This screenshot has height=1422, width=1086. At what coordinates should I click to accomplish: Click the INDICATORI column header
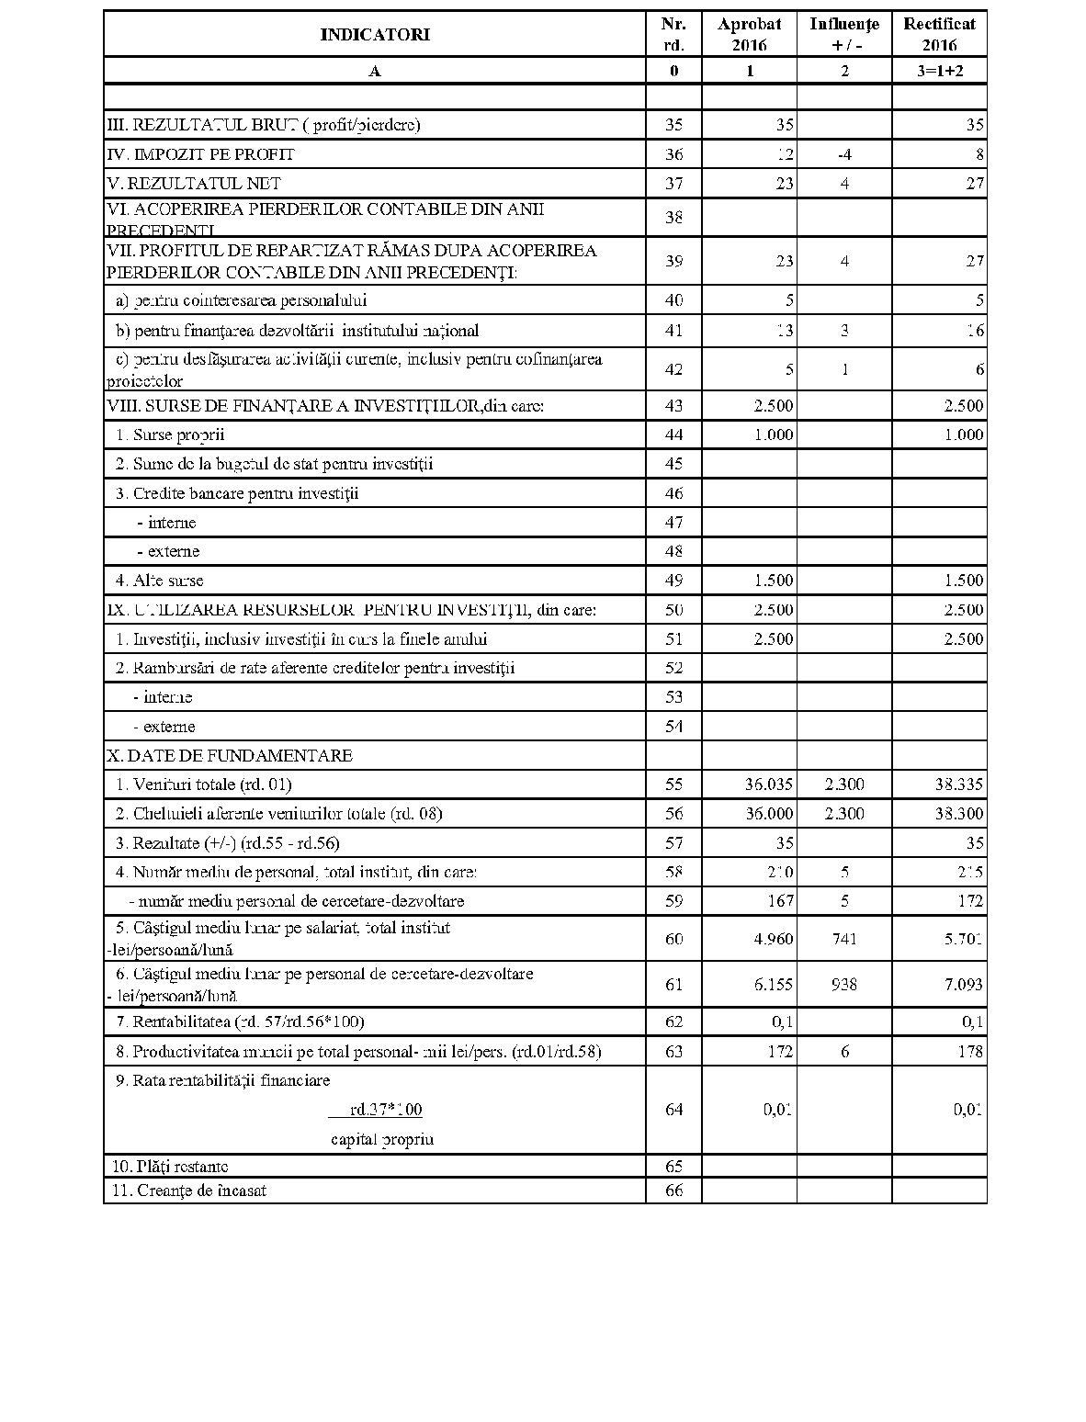coord(374,35)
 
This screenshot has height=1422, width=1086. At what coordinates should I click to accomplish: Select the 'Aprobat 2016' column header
coord(749,35)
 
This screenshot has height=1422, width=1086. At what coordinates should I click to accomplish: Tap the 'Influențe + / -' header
coord(843,35)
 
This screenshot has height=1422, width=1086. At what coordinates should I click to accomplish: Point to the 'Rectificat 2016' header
coord(939,35)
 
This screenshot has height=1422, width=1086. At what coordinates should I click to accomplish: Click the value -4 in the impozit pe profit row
coord(844,154)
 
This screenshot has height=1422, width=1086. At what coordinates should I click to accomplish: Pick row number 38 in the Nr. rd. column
coord(673,218)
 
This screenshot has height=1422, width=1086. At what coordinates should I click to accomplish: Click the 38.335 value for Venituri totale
coord(954,784)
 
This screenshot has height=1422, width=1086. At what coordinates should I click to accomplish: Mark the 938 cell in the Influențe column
coord(844,985)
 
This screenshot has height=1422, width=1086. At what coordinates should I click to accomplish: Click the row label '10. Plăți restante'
coord(170,1167)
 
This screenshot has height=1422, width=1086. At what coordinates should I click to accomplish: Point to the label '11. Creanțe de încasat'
coord(189,1191)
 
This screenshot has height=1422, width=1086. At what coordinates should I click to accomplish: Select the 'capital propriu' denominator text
coord(382,1140)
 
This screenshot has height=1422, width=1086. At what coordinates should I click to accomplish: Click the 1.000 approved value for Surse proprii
coord(774,434)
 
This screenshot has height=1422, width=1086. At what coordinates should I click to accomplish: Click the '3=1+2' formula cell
coord(939,71)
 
